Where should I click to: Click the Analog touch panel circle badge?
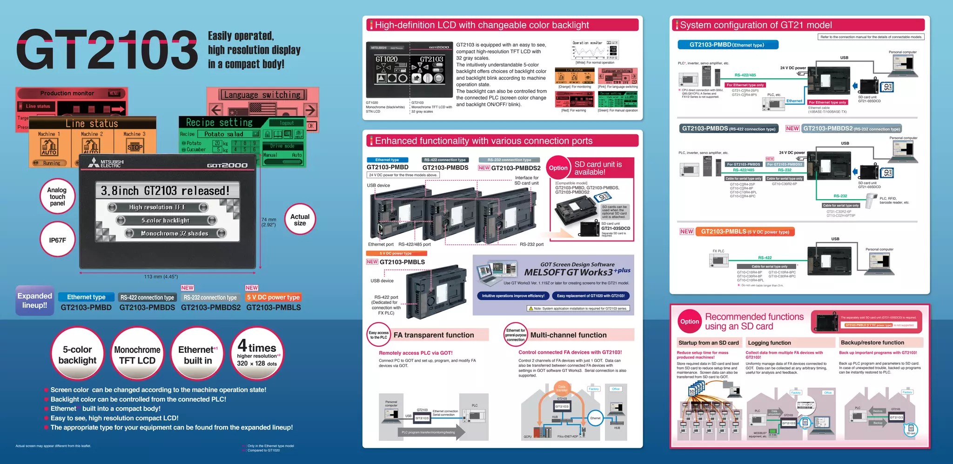[x=57, y=197]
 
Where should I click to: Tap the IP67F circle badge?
[x=57, y=240]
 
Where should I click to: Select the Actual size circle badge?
[x=300, y=220]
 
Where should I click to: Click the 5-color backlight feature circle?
[x=77, y=355]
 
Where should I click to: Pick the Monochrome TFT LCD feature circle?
[x=137, y=355]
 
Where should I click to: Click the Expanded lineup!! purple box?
[x=35, y=301]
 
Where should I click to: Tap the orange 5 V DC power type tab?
[x=273, y=297]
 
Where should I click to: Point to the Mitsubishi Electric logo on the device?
[x=107, y=163]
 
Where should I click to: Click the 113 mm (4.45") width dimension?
[x=161, y=276]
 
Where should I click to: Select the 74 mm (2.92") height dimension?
[x=268, y=222]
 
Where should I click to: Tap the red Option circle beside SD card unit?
[x=558, y=168]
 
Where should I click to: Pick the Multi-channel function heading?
[x=568, y=335]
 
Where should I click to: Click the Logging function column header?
[x=769, y=343]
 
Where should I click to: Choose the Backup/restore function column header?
[x=872, y=343]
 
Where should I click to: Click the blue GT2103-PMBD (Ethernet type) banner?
[x=727, y=45]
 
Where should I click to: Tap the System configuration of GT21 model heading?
[x=756, y=25]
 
